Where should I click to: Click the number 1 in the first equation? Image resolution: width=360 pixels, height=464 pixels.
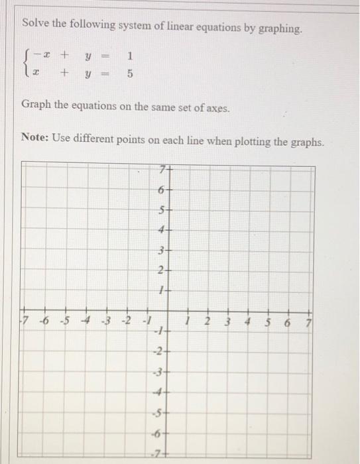(131, 56)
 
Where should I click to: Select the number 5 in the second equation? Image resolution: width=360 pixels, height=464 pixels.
(130, 75)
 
